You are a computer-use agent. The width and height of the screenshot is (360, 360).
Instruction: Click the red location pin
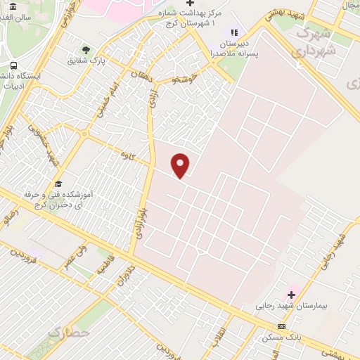181,165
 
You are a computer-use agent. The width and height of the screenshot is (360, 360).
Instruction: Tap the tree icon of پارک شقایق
86,50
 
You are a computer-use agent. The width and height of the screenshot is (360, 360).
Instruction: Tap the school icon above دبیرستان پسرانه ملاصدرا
234,32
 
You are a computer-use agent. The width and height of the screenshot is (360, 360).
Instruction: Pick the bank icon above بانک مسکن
282,326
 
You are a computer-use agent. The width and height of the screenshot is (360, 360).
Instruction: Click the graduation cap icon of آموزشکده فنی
58,183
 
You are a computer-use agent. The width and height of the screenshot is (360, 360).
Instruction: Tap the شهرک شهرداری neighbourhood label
314,42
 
